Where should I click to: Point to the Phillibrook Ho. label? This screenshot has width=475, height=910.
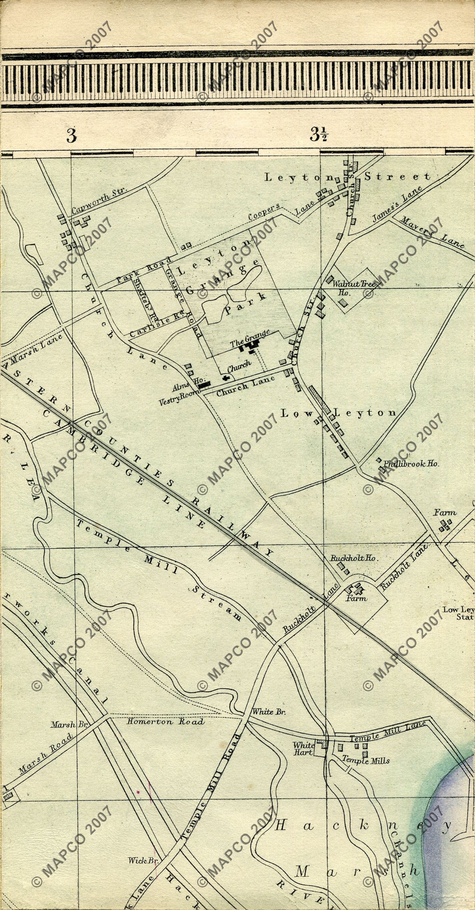point(411,464)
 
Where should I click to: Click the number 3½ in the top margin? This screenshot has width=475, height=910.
point(318,134)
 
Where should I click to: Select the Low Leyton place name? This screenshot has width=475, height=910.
point(338,413)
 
